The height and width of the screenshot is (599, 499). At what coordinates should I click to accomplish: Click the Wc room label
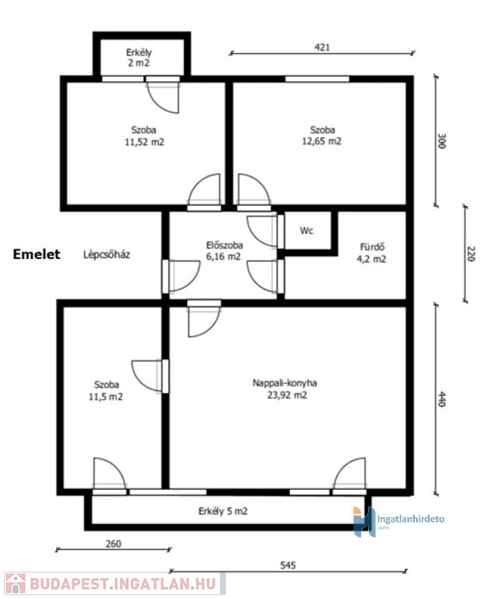click(x=306, y=231)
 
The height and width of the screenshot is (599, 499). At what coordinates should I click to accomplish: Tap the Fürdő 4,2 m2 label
click(x=371, y=253)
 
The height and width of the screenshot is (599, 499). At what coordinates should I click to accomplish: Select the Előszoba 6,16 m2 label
click(x=224, y=250)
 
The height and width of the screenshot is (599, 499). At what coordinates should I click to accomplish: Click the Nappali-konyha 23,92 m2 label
click(x=285, y=389)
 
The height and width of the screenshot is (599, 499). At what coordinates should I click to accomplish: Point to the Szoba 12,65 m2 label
click(x=322, y=136)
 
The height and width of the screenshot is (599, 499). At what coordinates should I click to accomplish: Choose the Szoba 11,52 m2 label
click(x=144, y=136)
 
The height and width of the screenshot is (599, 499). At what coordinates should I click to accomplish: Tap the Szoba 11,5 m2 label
click(x=106, y=391)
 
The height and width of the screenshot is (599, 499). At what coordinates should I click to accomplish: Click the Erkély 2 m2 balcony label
click(x=139, y=58)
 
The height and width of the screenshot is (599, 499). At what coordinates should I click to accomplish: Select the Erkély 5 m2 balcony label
click(x=223, y=511)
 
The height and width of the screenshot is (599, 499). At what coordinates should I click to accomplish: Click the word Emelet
click(x=37, y=254)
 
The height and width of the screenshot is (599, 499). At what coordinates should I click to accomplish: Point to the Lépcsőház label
click(x=107, y=254)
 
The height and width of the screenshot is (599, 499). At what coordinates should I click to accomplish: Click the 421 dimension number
click(x=322, y=48)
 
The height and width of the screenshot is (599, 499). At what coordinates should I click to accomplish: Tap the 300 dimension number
click(x=441, y=141)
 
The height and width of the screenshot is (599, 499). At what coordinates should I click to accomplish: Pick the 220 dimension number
click(x=471, y=254)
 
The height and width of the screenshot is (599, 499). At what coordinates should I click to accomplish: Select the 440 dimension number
click(x=441, y=399)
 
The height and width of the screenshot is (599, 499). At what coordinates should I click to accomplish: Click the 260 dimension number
click(x=113, y=544)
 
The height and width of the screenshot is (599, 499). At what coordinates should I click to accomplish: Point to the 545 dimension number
click(x=288, y=565)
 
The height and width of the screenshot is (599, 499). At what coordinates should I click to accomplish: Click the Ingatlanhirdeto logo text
click(x=410, y=519)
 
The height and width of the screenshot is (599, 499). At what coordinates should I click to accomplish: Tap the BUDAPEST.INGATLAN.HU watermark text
click(x=123, y=584)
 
